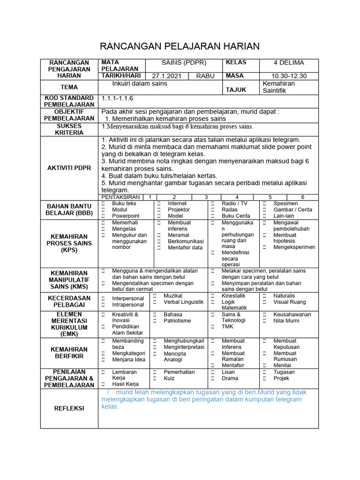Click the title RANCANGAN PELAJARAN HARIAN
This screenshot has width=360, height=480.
(180, 46)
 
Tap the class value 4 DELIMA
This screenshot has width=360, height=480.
(289, 63)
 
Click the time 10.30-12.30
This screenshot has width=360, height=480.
(289, 76)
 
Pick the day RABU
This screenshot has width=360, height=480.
(205, 76)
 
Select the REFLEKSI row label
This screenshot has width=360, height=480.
(69, 408)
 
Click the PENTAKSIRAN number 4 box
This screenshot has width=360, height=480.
(237, 197)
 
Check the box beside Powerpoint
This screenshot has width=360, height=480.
(103, 216)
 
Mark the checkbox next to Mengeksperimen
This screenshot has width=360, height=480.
(264, 247)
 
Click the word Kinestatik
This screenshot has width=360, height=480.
(233, 296)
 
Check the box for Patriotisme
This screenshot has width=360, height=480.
(155, 321)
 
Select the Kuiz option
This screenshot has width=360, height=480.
(169, 378)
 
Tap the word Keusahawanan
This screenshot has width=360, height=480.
(292, 315)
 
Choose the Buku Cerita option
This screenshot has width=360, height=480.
(236, 216)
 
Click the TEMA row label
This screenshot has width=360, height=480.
(69, 87)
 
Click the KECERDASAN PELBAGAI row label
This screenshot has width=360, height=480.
(69, 302)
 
